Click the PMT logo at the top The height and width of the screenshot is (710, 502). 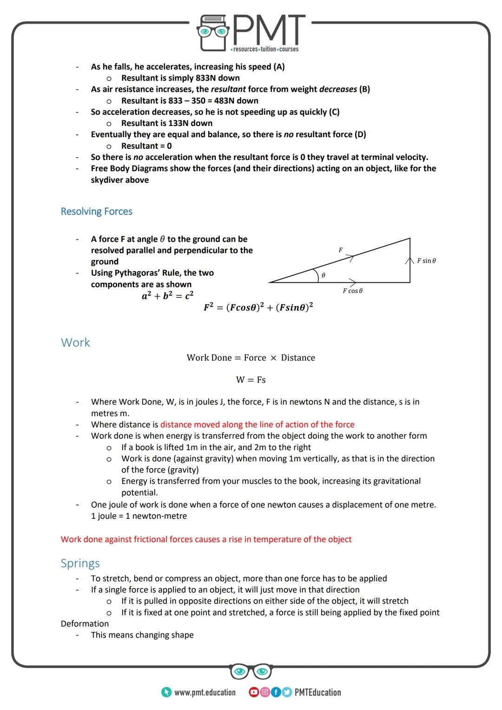[251, 33]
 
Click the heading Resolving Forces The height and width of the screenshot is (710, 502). [96, 212]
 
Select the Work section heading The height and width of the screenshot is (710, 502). [75, 343]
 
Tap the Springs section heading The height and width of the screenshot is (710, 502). [80, 564]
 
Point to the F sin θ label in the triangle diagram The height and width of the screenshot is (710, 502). [426, 261]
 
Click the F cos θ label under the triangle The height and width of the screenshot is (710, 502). [352, 291]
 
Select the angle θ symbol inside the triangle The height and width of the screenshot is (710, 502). [324, 275]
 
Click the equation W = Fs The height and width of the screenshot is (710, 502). [251, 380]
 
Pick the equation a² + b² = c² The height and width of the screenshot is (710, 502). [167, 296]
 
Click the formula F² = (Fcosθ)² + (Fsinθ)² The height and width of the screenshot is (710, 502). [258, 308]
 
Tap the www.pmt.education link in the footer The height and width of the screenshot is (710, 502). [205, 692]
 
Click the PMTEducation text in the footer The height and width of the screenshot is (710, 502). [317, 692]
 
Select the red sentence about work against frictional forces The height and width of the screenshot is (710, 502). [206, 539]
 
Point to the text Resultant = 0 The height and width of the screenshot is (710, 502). [146, 146]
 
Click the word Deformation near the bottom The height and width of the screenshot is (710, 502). [85, 624]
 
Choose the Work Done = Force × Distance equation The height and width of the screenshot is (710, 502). [251, 358]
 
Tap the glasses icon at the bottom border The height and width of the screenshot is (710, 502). [251, 671]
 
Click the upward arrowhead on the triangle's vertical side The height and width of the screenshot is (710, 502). [410, 260]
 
